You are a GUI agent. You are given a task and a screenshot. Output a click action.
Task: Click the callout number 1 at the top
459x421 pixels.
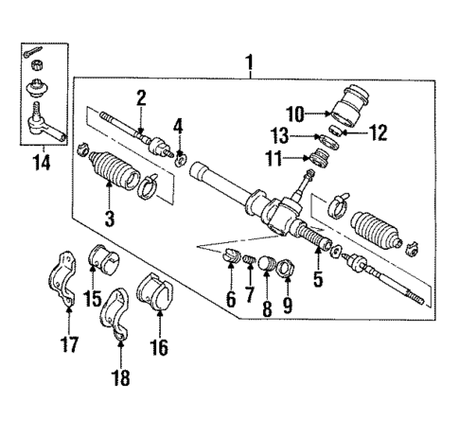coord(249,64)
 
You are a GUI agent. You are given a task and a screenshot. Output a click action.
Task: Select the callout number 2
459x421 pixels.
coord(140,97)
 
